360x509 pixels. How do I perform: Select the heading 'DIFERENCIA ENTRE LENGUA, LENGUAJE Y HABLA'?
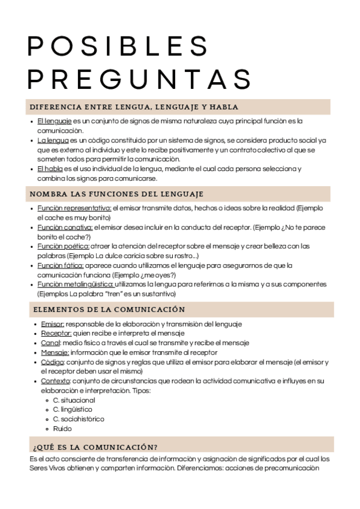(x=134, y=107)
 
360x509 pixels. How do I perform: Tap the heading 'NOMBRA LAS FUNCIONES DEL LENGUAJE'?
(x=116, y=194)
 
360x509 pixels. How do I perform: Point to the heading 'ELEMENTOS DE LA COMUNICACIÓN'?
(x=107, y=310)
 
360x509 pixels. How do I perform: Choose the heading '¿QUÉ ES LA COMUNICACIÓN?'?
(x=94, y=447)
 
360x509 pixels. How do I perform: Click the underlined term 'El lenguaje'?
(x=55, y=121)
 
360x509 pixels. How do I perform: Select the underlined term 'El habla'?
(x=50, y=169)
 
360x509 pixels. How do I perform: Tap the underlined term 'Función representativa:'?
(x=74, y=208)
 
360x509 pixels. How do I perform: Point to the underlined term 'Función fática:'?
(x=61, y=265)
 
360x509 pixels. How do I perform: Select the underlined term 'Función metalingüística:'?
(x=76, y=285)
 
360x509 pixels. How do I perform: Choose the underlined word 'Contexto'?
(x=56, y=381)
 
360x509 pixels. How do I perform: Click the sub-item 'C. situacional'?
(x=74, y=400)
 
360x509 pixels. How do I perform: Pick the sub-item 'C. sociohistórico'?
(x=79, y=419)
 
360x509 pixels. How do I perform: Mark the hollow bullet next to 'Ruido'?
(x=47, y=429)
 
